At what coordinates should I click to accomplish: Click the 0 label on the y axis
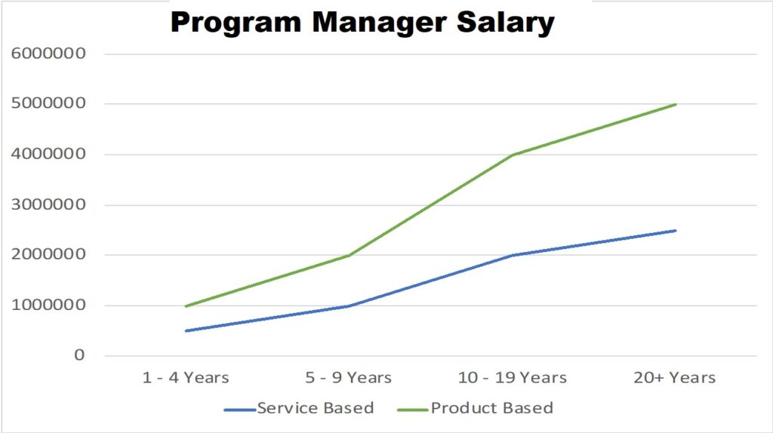[79, 355]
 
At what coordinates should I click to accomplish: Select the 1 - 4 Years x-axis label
[186, 377]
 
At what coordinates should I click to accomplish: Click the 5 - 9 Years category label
[349, 377]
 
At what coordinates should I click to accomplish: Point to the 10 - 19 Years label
[513, 377]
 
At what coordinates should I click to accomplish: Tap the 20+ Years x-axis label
[676, 377]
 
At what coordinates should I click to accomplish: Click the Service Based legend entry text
[316, 408]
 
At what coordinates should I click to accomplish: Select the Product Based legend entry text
[491, 408]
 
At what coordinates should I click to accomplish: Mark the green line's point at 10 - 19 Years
[513, 155]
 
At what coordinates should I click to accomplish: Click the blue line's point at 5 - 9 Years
[349, 306]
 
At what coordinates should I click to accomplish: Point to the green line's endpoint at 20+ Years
[676, 104]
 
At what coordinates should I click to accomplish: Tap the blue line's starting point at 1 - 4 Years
[186, 330]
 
